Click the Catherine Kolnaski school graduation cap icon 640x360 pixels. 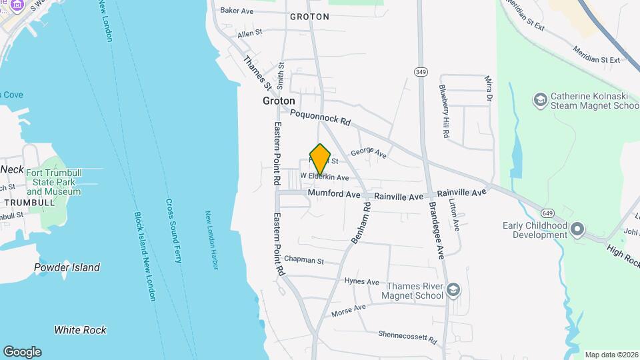tap(540, 101)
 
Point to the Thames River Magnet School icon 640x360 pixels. tap(453, 291)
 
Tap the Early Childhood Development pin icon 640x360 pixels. tap(577, 230)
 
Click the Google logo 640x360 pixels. tap(22, 352)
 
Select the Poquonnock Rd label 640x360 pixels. tap(320, 118)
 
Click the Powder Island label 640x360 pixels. tap(67, 267)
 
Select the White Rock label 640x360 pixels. tap(80, 330)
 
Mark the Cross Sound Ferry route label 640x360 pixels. tap(174, 230)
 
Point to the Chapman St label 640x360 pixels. tap(303, 261)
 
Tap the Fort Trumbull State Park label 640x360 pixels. tap(53, 182)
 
